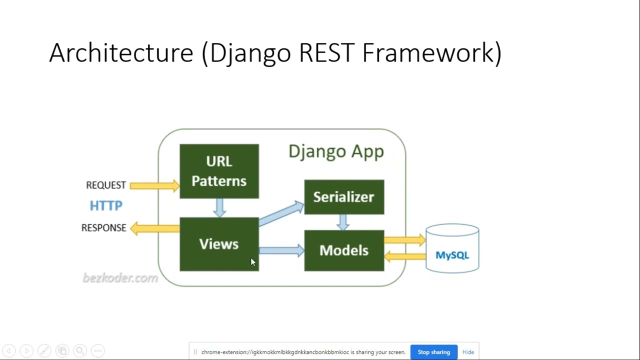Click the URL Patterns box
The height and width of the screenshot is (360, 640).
pos(219,171)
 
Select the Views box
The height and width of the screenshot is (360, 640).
pos(219,244)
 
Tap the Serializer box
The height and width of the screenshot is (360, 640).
pos(344,197)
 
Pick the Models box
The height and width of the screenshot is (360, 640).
pos(344,250)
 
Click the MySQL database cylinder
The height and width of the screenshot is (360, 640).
pos(452,249)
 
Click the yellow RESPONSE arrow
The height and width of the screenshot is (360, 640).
pos(154,228)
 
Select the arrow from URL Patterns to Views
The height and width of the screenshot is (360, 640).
pos(219,207)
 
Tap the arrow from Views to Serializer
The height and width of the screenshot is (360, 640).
pos(281,213)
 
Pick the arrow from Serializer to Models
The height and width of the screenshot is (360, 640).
pos(343,222)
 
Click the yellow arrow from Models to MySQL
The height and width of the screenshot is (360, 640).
pos(404,240)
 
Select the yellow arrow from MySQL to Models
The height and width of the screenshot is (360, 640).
pos(404,256)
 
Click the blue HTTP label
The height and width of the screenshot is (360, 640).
pos(106,205)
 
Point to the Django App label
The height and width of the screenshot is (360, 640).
pos(336,151)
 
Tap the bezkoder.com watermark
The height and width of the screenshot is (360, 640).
pos(120,278)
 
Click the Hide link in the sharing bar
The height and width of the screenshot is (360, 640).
pos(468,352)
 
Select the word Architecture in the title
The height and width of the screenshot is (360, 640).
pos(121,52)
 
